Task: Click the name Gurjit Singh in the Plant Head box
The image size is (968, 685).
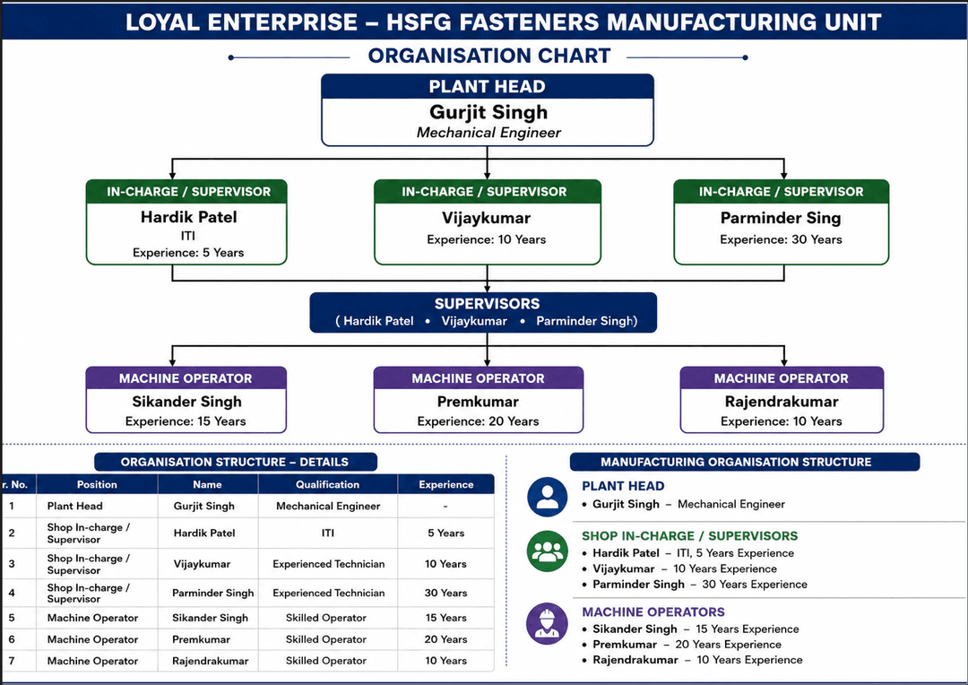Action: click(x=488, y=112)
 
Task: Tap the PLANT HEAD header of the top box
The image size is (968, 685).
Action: click(x=487, y=86)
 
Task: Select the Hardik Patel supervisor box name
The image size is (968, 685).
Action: click(x=188, y=217)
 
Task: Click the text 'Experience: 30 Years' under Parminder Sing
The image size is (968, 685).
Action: click(x=781, y=239)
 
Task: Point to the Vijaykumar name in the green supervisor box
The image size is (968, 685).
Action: click(x=487, y=218)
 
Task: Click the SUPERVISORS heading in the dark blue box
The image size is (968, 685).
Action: click(x=487, y=304)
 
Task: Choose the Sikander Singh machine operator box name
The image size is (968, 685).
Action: click(x=186, y=402)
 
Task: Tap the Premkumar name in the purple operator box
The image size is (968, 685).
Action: click(x=478, y=402)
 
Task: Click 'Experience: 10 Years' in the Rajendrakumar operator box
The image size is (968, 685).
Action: click(x=781, y=421)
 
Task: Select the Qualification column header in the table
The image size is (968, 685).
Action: click(x=327, y=485)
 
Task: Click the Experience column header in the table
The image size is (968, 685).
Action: click(x=445, y=485)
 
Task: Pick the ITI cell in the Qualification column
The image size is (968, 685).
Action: click(x=328, y=533)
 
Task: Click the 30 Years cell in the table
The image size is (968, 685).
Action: click(x=445, y=593)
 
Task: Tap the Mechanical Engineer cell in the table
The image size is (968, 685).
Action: click(x=328, y=507)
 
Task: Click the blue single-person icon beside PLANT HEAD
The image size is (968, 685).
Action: click(x=547, y=497)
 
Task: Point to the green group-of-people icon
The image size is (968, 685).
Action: click(x=547, y=551)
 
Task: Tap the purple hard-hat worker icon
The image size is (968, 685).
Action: click(x=547, y=624)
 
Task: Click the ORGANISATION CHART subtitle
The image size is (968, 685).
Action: click(x=489, y=56)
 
